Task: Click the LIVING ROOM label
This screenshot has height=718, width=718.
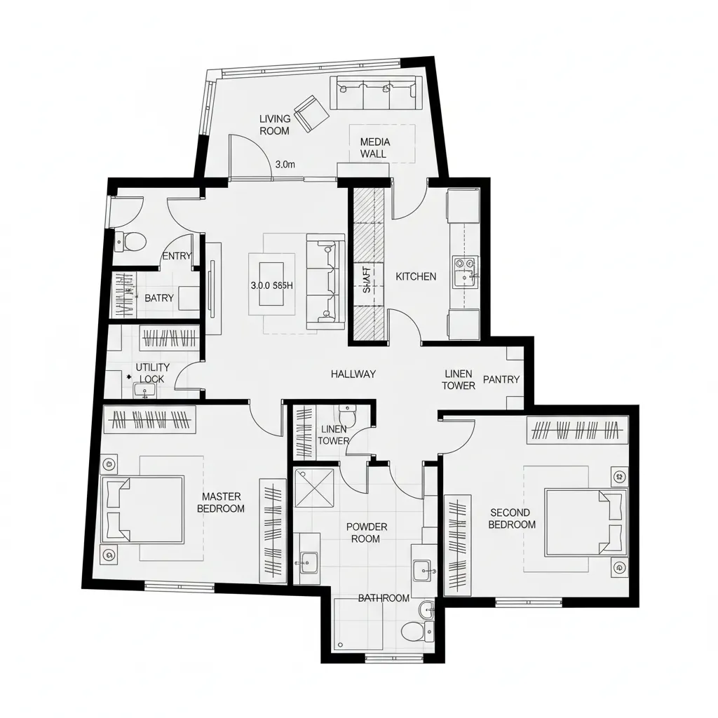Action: (274, 125)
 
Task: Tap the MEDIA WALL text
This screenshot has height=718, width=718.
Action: (375, 147)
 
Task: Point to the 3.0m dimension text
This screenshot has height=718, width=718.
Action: (285, 165)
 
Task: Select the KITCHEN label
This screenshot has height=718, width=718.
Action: (416, 277)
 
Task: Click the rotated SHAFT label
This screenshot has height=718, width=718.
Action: (366, 280)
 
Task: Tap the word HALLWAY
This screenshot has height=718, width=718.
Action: (353, 374)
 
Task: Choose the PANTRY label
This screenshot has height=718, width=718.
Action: (501, 379)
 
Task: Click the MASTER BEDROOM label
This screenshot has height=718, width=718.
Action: (221, 503)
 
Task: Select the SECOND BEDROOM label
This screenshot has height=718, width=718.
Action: (512, 519)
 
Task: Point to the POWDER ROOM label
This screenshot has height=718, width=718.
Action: (365, 533)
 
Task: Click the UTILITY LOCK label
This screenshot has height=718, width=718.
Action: (152, 373)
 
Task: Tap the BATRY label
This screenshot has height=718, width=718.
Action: (159, 298)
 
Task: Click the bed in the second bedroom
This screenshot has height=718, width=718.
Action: (585, 522)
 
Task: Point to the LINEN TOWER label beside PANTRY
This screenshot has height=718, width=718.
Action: (459, 379)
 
